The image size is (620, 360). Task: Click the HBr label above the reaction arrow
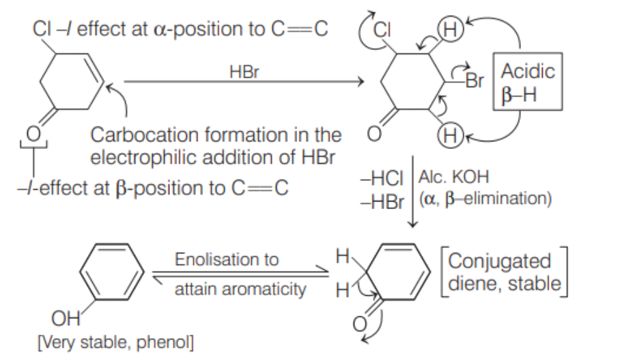[244, 72]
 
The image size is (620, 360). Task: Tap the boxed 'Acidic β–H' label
[527, 81]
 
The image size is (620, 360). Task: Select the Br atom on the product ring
[474, 81]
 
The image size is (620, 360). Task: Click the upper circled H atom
[450, 29]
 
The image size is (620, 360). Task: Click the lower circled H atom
[450, 136]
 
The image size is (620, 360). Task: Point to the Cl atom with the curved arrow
[382, 29]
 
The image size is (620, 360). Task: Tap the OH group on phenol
[66, 318]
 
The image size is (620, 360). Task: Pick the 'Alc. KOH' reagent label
[454, 176]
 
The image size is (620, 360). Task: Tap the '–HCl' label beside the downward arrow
[382, 178]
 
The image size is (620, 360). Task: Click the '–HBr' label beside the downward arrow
[382, 203]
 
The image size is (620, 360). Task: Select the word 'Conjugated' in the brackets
[499, 261]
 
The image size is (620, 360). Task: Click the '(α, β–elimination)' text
[485, 199]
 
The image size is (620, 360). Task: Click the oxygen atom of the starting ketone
[33, 134]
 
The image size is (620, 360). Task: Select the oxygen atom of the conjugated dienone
[359, 324]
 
